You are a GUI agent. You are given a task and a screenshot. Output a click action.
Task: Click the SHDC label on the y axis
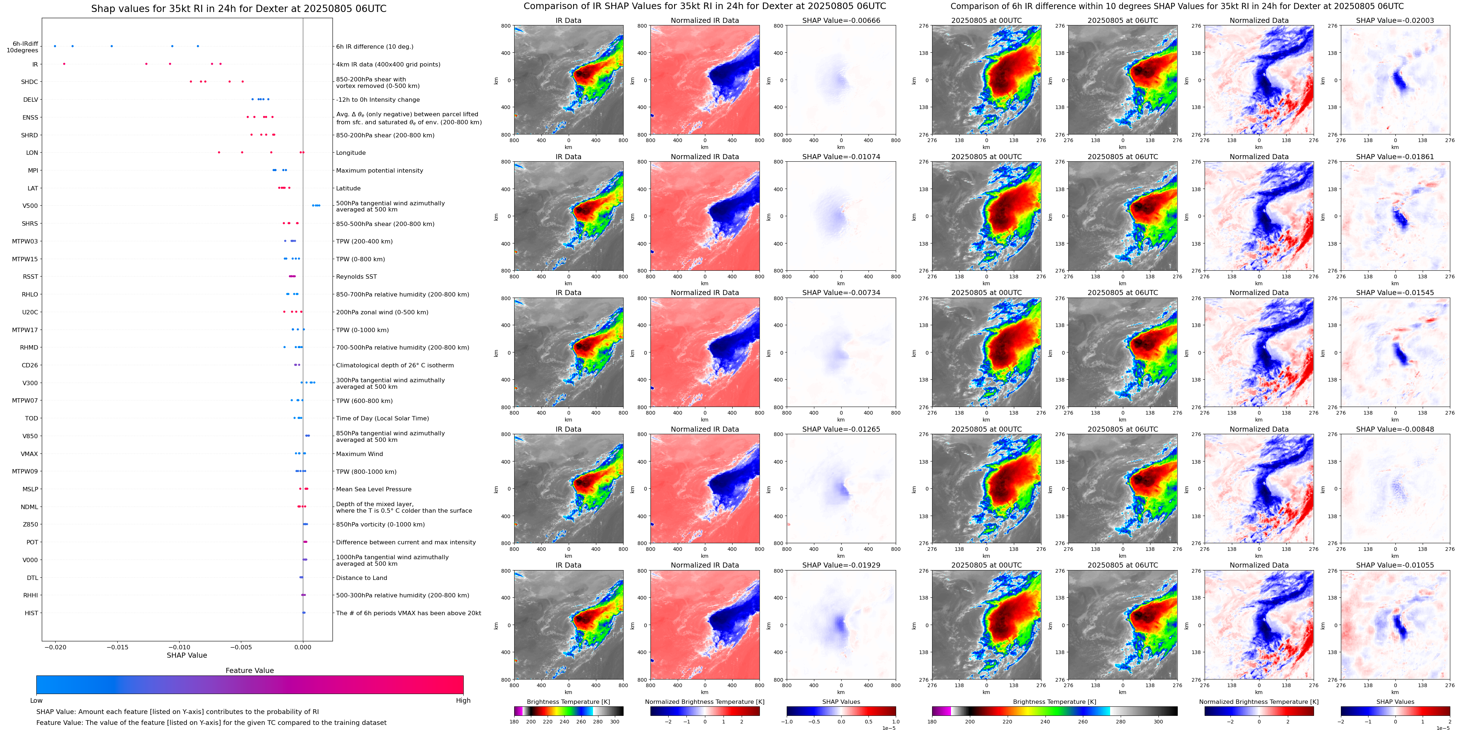tap(29, 82)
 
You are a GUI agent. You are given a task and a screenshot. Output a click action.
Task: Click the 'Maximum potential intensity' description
tap(379, 170)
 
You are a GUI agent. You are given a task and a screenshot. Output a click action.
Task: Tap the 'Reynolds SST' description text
tap(356, 277)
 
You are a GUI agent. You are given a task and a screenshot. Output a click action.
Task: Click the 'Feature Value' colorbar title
tap(249, 670)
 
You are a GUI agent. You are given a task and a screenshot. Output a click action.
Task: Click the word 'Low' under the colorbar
tap(36, 701)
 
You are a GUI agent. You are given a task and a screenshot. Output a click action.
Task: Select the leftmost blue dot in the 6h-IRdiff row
tap(55, 46)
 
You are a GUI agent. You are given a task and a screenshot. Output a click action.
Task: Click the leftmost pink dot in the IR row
tap(64, 64)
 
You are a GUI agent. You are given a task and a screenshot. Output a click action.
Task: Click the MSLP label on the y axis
tap(30, 489)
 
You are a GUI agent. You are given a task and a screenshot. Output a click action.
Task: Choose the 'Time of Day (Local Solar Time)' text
tap(382, 419)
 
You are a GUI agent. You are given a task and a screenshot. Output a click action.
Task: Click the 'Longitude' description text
tap(351, 153)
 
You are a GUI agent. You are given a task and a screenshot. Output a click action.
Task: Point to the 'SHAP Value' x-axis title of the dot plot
tap(186, 655)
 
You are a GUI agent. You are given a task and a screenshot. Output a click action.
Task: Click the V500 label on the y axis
tap(30, 206)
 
